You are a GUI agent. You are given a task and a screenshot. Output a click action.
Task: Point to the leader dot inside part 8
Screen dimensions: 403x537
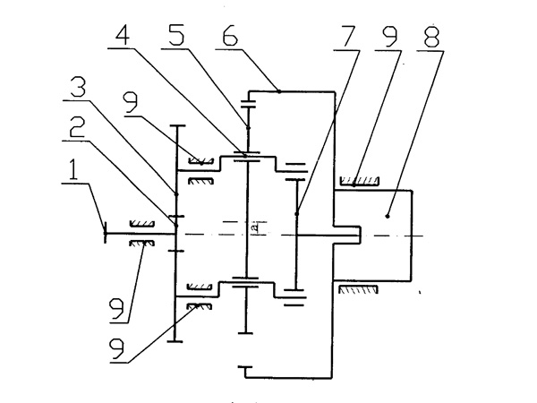tap(388, 215)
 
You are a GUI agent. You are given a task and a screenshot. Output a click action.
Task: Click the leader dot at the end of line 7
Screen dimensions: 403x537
tap(296, 212)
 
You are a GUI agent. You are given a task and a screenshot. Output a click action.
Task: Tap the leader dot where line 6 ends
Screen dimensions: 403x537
tap(279, 90)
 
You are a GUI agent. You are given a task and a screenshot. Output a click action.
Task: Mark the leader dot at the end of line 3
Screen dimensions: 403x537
tap(177, 194)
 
